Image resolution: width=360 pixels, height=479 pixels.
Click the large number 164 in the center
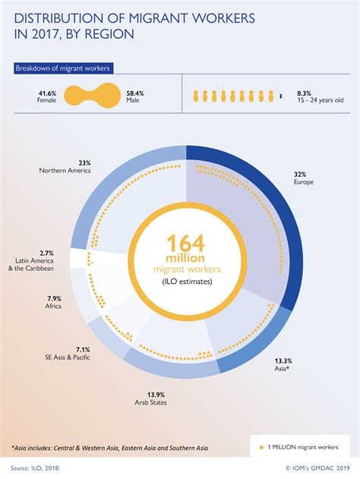click(x=181, y=246)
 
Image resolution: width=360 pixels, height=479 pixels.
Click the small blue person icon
click(x=282, y=96)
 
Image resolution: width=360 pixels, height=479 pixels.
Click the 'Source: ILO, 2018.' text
click(x=36, y=468)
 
